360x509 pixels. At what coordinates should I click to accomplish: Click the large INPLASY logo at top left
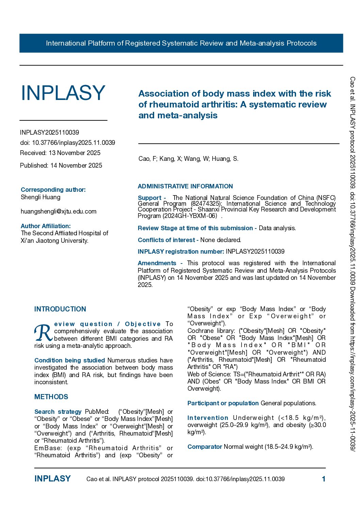coord(63,93)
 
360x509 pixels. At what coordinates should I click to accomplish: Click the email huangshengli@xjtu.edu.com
coord(59,211)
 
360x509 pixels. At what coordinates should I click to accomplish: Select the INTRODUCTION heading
coord(60,309)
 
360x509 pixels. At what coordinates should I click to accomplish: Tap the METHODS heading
coord(51,397)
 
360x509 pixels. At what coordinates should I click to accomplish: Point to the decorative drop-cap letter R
coord(43,333)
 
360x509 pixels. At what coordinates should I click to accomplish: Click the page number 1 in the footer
coord(324,479)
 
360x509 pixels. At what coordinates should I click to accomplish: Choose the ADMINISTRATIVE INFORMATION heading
coord(185,186)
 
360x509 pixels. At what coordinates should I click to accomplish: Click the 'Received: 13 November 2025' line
coord(60,153)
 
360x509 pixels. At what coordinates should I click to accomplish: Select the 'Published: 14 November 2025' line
coord(61,166)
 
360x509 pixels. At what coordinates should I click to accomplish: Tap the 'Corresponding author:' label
coord(53,190)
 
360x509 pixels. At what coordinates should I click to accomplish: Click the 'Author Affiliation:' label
coord(46,226)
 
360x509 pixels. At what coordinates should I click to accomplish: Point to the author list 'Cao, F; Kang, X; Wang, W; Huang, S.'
coord(188,159)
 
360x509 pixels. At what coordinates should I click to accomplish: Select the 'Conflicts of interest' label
coord(166,240)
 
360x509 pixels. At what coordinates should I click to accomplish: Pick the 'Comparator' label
coord(204,447)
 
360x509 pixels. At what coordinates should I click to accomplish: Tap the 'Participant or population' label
coord(223,403)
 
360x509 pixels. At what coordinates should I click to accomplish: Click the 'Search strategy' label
coord(58,412)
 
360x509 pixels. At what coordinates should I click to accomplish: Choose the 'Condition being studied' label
coord(69,360)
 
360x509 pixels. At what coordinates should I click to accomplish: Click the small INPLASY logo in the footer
coord(52,479)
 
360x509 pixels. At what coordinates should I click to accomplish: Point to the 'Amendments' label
coord(157,263)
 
